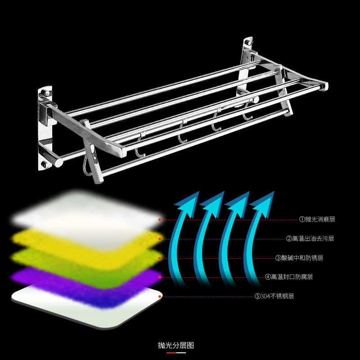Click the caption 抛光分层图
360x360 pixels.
(176, 345)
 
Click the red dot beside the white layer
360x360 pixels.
(159, 220)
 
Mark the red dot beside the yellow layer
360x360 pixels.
(160, 239)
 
